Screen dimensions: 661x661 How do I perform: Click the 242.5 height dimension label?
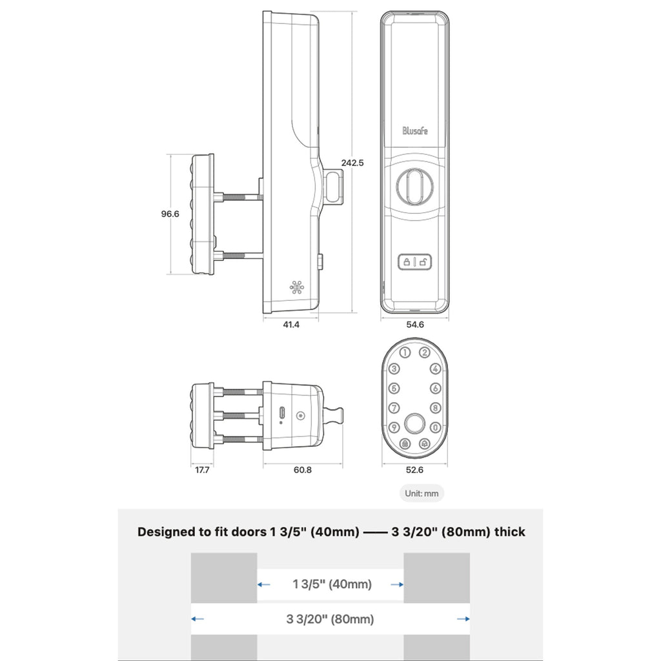[x=352, y=163]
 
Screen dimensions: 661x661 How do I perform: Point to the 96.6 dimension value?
[x=170, y=214]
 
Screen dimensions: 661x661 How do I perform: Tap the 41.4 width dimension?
[x=291, y=325]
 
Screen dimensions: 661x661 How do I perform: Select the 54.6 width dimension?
[x=415, y=325]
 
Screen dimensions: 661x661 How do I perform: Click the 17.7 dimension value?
[x=202, y=470]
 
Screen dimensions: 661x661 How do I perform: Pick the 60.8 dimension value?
[x=303, y=470]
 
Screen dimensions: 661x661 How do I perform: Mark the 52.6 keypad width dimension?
[x=414, y=470]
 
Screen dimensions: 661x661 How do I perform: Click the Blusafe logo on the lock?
[x=415, y=130]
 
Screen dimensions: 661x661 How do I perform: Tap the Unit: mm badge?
[x=422, y=493]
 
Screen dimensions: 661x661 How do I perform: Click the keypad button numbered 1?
[x=405, y=352]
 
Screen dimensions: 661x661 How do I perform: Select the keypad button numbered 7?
[x=394, y=408]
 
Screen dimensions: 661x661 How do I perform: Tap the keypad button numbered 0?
[x=436, y=427]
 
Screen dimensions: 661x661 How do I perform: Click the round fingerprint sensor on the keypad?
[x=414, y=423]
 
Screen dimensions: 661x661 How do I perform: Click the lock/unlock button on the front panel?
[x=415, y=262]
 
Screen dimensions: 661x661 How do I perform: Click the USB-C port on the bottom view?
[x=281, y=412]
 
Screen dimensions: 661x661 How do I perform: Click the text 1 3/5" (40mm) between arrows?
[x=332, y=584]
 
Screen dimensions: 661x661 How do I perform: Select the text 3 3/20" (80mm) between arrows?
[x=330, y=619]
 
